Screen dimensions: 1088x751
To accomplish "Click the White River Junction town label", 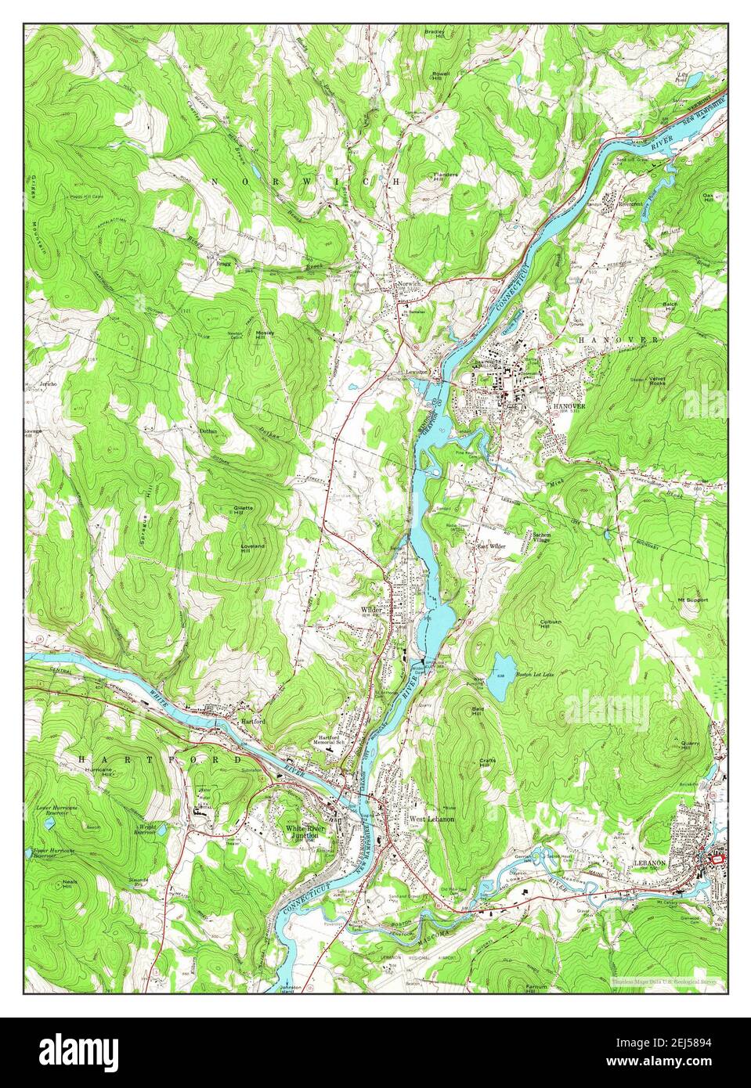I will pos(302,833).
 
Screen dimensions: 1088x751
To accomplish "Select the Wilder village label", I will pos(370,608).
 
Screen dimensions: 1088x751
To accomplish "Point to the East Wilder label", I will pos(491,546).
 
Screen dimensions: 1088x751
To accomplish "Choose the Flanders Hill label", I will pos(446,176).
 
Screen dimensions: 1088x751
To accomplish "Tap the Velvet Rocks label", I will pos(662,380).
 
